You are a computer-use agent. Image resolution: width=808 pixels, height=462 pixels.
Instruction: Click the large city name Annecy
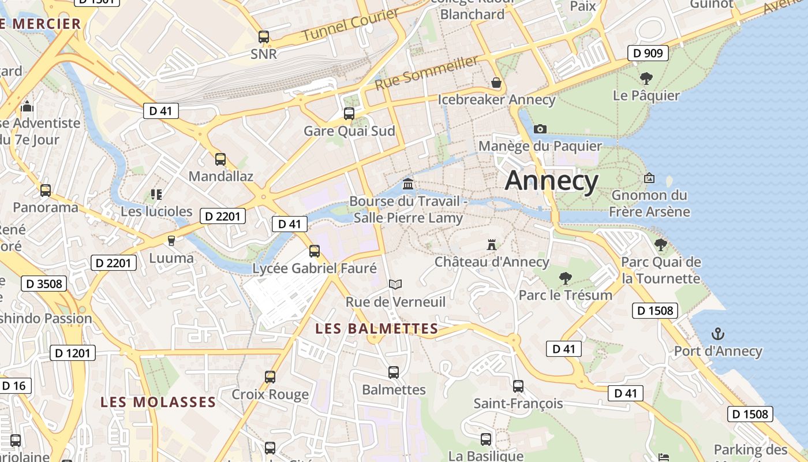click(x=552, y=181)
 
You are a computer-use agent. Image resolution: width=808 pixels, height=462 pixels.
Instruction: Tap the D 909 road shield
click(x=648, y=54)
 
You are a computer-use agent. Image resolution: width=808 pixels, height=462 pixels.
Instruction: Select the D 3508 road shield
click(x=44, y=284)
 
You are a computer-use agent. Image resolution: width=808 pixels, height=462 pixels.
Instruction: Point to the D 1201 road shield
click(x=73, y=353)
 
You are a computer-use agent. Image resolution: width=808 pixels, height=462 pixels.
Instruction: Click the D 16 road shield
click(x=14, y=386)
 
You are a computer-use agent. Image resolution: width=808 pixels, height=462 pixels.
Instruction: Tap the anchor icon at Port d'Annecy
click(x=718, y=334)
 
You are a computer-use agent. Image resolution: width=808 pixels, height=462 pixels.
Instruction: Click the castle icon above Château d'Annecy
click(x=492, y=245)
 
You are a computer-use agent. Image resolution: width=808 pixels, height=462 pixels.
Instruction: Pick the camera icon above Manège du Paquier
click(x=540, y=129)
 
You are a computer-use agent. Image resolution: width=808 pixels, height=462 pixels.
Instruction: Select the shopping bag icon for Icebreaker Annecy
click(x=496, y=83)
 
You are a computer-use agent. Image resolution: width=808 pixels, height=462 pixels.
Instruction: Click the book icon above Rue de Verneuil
click(x=395, y=284)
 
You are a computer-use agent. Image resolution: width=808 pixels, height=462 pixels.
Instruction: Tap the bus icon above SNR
click(x=264, y=37)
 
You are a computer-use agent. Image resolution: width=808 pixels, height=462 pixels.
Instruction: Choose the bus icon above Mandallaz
click(x=220, y=159)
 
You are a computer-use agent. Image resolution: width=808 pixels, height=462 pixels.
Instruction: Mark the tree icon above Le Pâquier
click(x=646, y=78)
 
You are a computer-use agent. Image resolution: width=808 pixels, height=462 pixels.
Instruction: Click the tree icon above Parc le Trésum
click(x=566, y=278)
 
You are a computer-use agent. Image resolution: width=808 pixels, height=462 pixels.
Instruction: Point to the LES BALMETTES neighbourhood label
click(x=377, y=329)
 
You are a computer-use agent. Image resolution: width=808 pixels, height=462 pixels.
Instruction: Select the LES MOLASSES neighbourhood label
click(x=158, y=402)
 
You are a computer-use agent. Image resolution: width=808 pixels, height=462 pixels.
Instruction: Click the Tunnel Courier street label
click(x=350, y=25)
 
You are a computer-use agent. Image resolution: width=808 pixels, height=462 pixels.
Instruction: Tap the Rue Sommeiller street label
click(x=427, y=73)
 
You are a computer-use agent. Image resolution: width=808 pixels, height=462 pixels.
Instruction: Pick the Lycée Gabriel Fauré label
click(x=315, y=269)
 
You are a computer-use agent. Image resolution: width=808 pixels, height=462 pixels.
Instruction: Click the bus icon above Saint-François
click(x=518, y=386)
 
